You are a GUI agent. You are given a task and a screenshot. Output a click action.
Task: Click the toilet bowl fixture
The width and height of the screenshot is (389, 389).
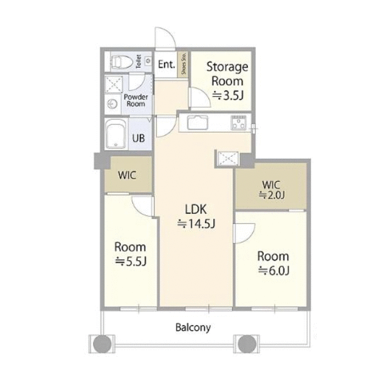pyautogui.click(x=122, y=62)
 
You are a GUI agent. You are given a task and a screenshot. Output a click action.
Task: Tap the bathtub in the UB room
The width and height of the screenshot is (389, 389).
pyautogui.click(x=115, y=134)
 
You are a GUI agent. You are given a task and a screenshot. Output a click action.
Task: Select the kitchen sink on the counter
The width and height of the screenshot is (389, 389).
pyautogui.click(x=198, y=122)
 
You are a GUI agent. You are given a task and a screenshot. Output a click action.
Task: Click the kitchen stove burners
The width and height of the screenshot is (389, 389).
pyautogui.click(x=239, y=123)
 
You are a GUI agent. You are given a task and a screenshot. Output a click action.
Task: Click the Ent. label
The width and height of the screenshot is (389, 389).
pyautogui.click(x=167, y=64)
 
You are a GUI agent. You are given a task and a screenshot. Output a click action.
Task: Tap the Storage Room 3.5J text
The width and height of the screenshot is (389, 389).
pyautogui.click(x=227, y=81)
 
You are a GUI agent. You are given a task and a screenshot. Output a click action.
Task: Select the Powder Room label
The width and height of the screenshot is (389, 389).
pyautogui.click(x=136, y=100)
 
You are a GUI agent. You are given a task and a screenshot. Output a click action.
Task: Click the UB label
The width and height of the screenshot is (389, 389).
pyautogui.click(x=139, y=138)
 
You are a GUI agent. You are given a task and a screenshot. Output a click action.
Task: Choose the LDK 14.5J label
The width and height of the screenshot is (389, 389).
pyautogui.click(x=196, y=216)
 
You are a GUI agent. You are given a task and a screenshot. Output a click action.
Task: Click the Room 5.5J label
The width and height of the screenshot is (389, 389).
pyautogui.click(x=130, y=254)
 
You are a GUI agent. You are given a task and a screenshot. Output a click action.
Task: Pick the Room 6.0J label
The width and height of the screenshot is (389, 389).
pyautogui.click(x=273, y=263)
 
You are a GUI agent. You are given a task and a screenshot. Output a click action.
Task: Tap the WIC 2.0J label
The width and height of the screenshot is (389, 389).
pyautogui.click(x=272, y=190)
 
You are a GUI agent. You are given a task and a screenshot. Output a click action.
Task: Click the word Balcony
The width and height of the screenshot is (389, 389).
pyautogui.click(x=193, y=328)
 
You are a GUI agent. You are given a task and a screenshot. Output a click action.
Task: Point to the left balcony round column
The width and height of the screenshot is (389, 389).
pyautogui.click(x=102, y=344)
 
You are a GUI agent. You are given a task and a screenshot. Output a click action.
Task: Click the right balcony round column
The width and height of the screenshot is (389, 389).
pyautogui.click(x=247, y=344)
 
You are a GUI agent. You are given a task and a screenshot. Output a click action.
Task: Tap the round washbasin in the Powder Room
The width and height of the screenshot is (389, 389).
pyautogui.click(x=112, y=104)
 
